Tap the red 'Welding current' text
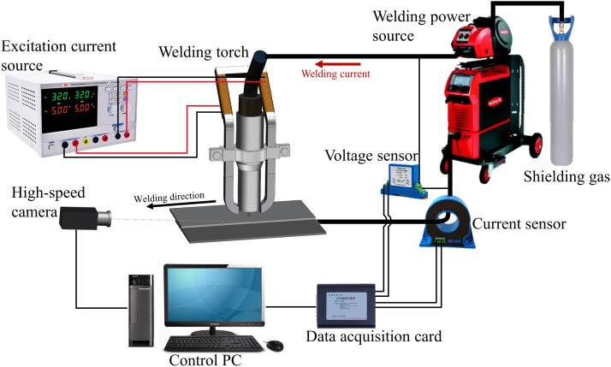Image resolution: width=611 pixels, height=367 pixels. [x=335, y=74]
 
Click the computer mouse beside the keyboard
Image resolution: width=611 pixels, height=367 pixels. [x=274, y=345]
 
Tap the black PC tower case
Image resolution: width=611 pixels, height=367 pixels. [x=140, y=309]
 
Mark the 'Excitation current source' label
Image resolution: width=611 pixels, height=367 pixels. [x=39, y=54]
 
